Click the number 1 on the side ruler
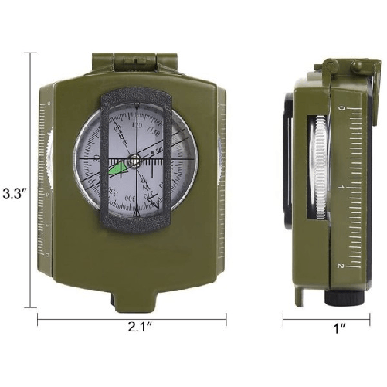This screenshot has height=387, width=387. click(341, 188)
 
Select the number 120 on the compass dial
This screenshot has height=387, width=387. click(137, 124)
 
